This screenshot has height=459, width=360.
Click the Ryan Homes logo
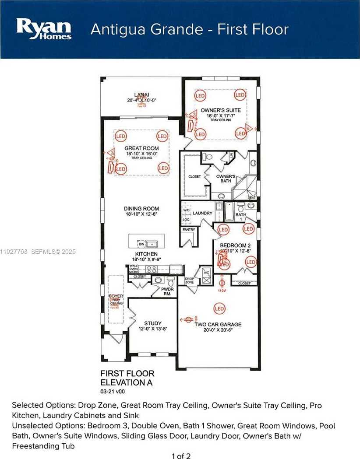[x=44, y=29]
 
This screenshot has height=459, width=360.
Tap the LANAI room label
[x=141, y=97]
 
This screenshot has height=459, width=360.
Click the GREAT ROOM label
[x=141, y=148]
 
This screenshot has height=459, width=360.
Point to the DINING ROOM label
[x=141, y=209]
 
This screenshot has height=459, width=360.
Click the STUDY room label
[x=153, y=323]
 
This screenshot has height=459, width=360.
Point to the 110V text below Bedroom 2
[x=222, y=291]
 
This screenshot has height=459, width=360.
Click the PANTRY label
[x=188, y=229]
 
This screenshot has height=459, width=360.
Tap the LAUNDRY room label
[x=202, y=213]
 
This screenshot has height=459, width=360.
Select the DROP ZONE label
[x=189, y=280]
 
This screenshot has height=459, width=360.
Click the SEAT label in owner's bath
[x=251, y=197]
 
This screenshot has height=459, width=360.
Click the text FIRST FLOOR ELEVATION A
[x=127, y=377]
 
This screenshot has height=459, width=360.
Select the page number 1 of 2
[x=181, y=455]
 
